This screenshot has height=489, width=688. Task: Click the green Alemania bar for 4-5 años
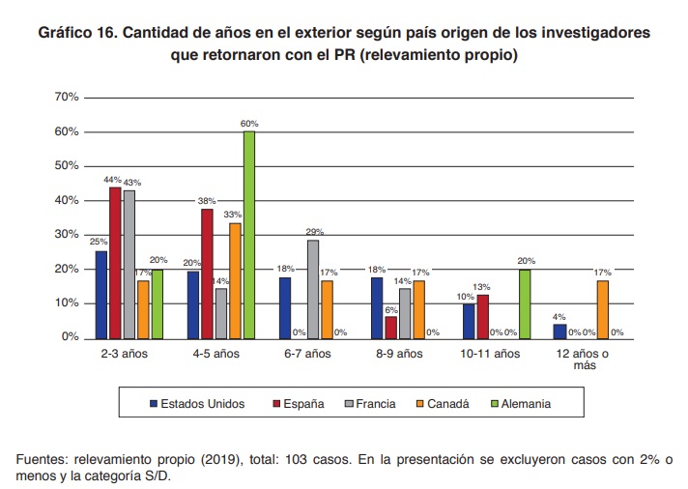pyautogui.click(x=248, y=234)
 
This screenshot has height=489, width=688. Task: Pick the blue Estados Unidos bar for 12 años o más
pyautogui.click(x=559, y=331)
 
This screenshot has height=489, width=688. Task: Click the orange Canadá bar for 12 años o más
pyautogui.click(x=602, y=308)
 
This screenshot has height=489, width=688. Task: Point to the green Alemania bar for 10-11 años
pyautogui.click(x=525, y=303)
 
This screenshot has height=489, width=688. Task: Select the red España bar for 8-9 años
pyautogui.click(x=391, y=327)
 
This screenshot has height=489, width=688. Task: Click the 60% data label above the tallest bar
pyautogui.click(x=249, y=125)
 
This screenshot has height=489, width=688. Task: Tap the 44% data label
pyautogui.click(x=114, y=180)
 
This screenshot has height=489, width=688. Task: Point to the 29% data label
pyautogui.click(x=313, y=233)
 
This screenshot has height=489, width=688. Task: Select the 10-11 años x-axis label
pyautogui.click(x=492, y=354)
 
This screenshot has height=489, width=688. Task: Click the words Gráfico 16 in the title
pyautogui.click(x=79, y=34)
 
